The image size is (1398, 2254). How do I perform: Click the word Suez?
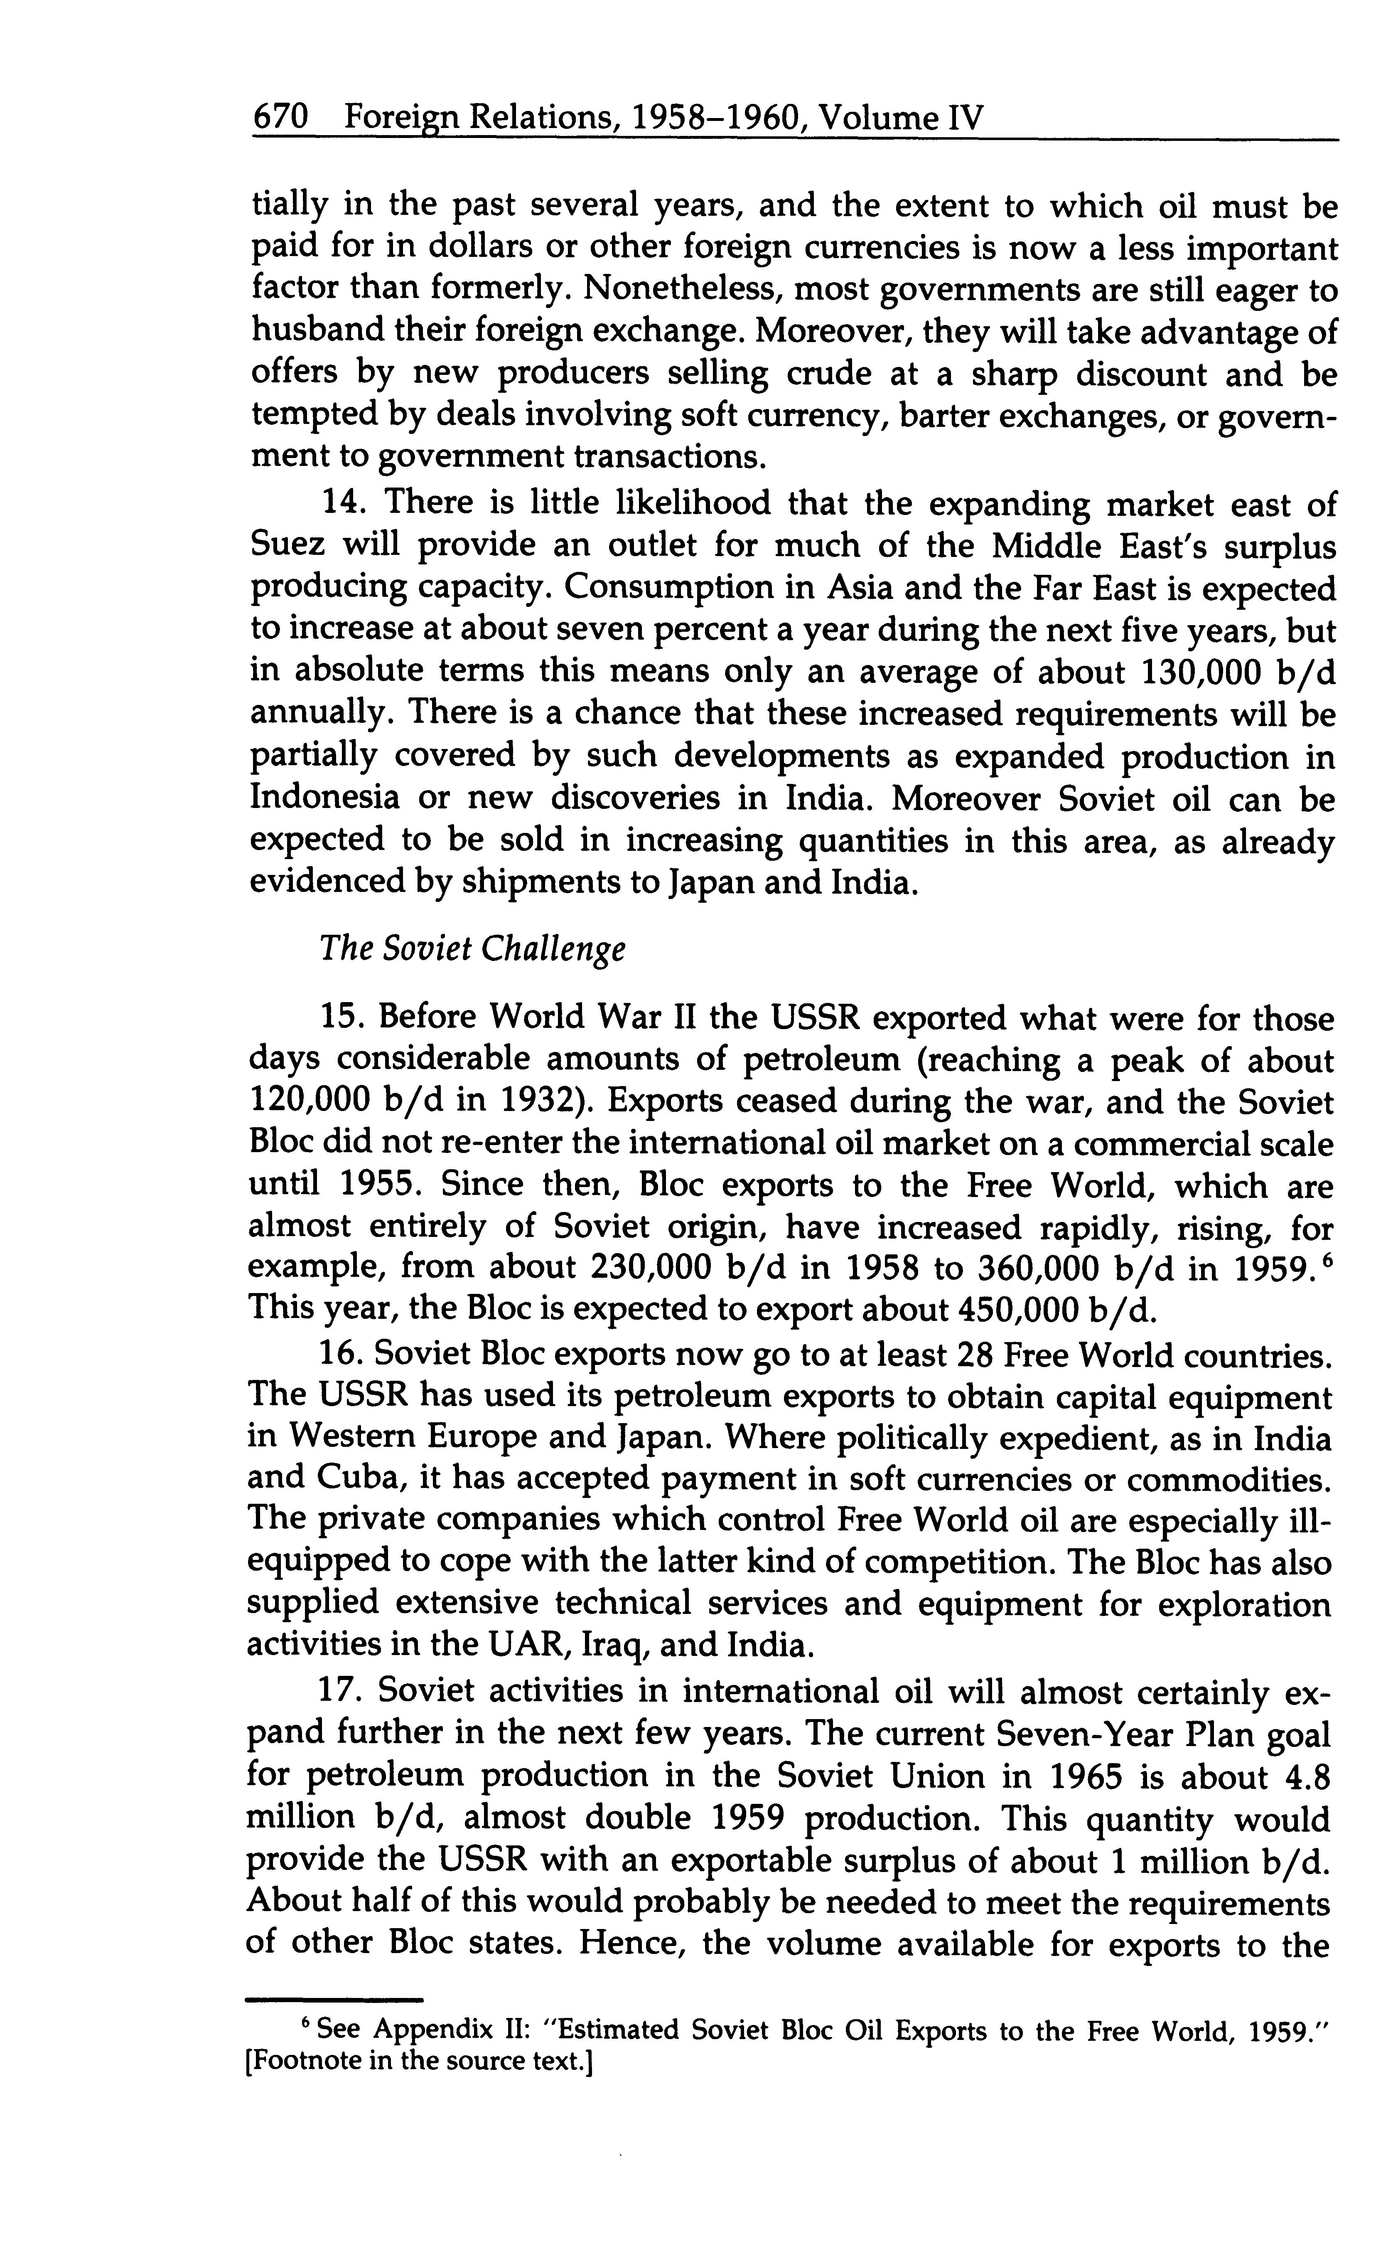click(287, 546)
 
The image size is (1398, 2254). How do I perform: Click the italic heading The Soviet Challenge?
click(472, 950)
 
